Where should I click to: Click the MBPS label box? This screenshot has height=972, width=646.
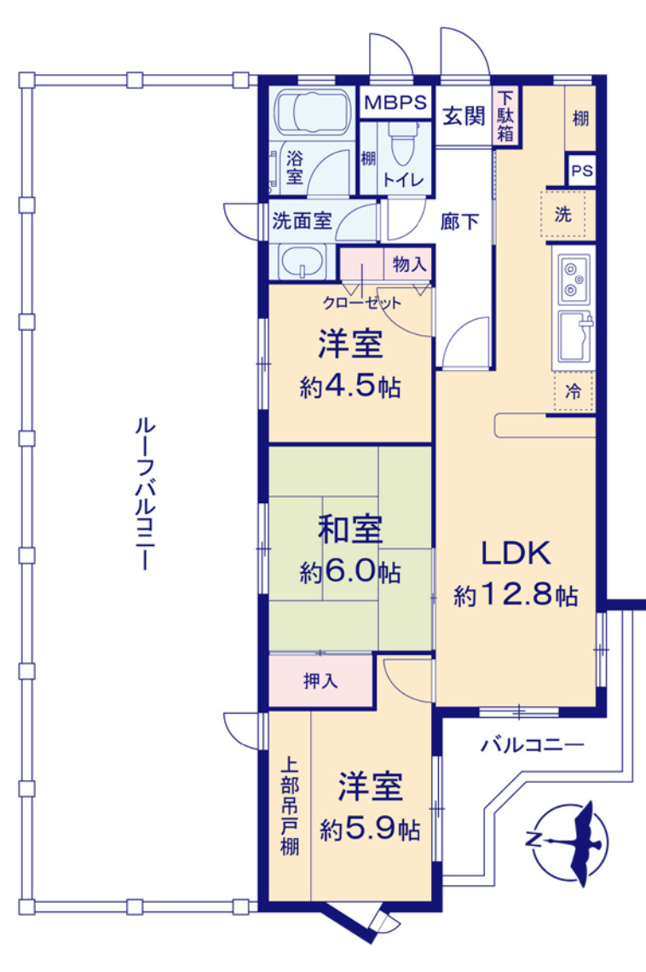coord(395,103)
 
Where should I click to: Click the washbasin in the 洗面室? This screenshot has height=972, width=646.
coord(304,261)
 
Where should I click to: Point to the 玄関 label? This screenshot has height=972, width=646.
coord(464,117)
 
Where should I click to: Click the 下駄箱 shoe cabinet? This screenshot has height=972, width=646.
coord(505,116)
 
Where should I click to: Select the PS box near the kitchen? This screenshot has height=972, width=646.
coord(581,171)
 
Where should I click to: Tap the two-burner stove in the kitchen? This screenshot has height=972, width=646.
coord(572,278)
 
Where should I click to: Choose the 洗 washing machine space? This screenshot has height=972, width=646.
coord(562,215)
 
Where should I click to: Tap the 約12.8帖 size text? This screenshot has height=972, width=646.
coord(516,595)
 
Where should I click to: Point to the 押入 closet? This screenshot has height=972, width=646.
coord(320,682)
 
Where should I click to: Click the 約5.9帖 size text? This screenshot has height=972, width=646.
coord(370,829)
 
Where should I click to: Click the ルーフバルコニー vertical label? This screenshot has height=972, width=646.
coord(141,495)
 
